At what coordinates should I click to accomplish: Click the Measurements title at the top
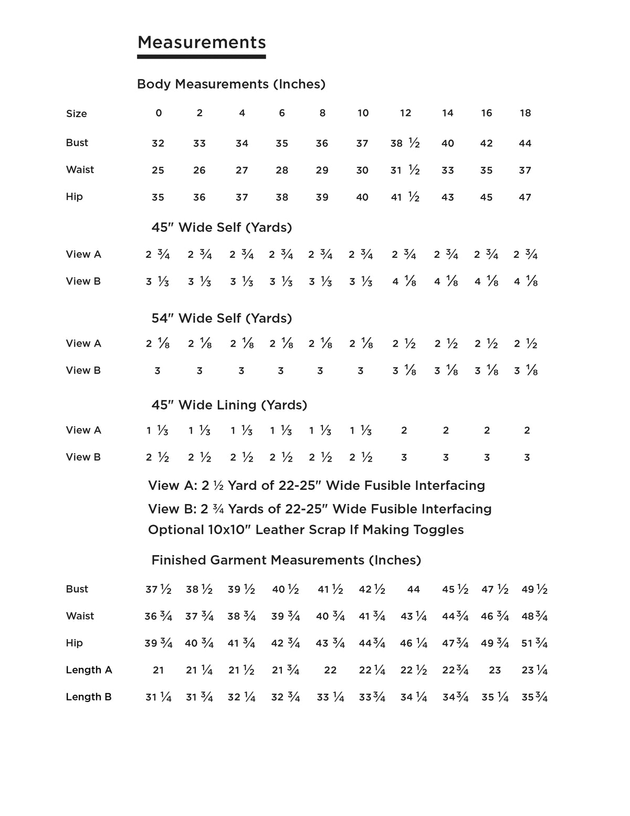(202, 43)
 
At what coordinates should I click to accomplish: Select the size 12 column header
(405, 113)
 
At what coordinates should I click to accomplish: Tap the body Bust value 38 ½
(405, 143)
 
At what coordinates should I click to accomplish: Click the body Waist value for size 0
(158, 171)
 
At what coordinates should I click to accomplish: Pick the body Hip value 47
(525, 197)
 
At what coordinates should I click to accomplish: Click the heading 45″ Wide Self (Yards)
(222, 227)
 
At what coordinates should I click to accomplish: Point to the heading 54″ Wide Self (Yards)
(222, 318)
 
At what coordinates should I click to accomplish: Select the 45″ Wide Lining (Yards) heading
(229, 405)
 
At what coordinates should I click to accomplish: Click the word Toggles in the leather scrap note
(438, 529)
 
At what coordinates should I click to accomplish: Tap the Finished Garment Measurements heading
(286, 560)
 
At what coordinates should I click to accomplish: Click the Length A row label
(89, 670)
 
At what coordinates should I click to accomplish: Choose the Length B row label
(89, 697)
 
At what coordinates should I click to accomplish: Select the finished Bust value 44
(414, 590)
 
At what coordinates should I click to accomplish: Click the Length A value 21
(159, 671)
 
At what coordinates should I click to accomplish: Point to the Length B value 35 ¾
(534, 697)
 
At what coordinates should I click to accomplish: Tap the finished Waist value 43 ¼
(414, 616)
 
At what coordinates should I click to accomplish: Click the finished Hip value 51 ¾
(534, 643)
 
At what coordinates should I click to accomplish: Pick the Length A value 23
(495, 671)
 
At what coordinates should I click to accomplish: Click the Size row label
(77, 114)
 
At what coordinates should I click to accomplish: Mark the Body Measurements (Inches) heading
(231, 84)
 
